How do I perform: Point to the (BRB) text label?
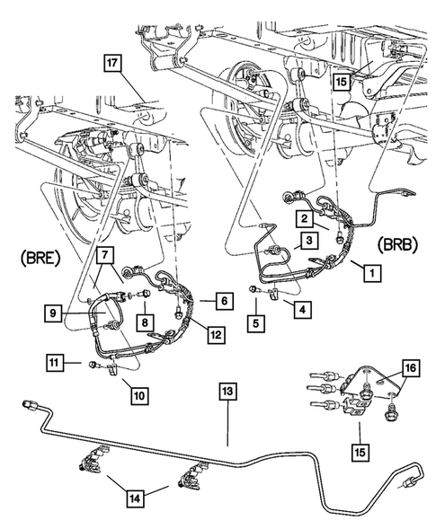click(x=395, y=244)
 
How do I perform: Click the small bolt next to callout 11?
click(x=93, y=364)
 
